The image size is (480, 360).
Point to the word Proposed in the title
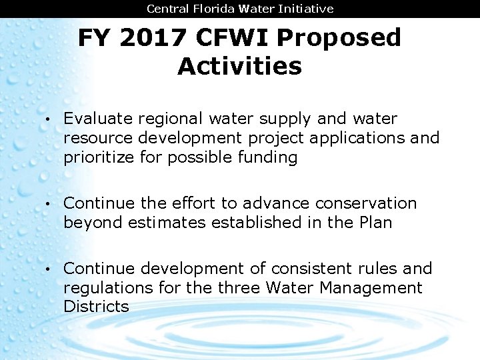tap(338, 38)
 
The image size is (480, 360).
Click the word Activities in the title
tap(239, 67)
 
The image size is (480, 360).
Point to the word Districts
tap(96, 307)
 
